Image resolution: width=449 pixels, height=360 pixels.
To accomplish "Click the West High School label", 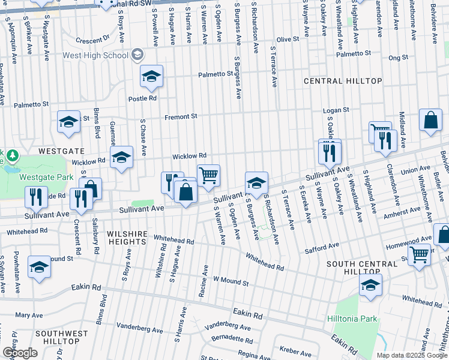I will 95,56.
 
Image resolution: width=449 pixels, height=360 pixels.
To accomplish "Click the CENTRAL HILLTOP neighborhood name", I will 343,81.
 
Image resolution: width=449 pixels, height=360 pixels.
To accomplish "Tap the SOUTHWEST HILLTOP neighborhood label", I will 57,337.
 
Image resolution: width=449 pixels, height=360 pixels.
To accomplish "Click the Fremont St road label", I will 181,116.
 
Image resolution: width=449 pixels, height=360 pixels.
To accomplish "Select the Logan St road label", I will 336,110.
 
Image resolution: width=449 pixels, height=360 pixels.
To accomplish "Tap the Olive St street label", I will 288,39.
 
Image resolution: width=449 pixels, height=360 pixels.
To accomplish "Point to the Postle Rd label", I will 142,98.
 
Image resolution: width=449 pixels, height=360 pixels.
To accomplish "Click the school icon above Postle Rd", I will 152,76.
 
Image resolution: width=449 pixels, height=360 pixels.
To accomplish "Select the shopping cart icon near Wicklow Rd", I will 208,176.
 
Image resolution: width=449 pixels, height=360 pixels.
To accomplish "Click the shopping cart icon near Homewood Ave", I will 419,254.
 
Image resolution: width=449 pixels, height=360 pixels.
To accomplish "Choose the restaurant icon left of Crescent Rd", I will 37,196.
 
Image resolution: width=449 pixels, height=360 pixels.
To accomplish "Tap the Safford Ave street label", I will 322,247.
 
